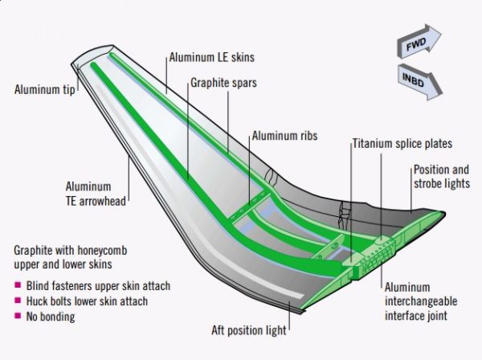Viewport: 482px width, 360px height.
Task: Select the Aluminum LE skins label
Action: click(x=211, y=58)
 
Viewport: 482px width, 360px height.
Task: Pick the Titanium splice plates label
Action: click(x=402, y=144)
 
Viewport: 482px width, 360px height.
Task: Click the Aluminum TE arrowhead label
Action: click(x=96, y=194)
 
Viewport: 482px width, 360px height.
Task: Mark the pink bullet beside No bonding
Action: click(x=18, y=316)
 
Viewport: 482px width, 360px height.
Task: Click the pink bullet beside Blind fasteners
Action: click(x=18, y=286)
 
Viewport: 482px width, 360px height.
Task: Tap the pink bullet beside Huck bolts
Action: click(x=18, y=301)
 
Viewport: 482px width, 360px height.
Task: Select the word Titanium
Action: click(x=373, y=144)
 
